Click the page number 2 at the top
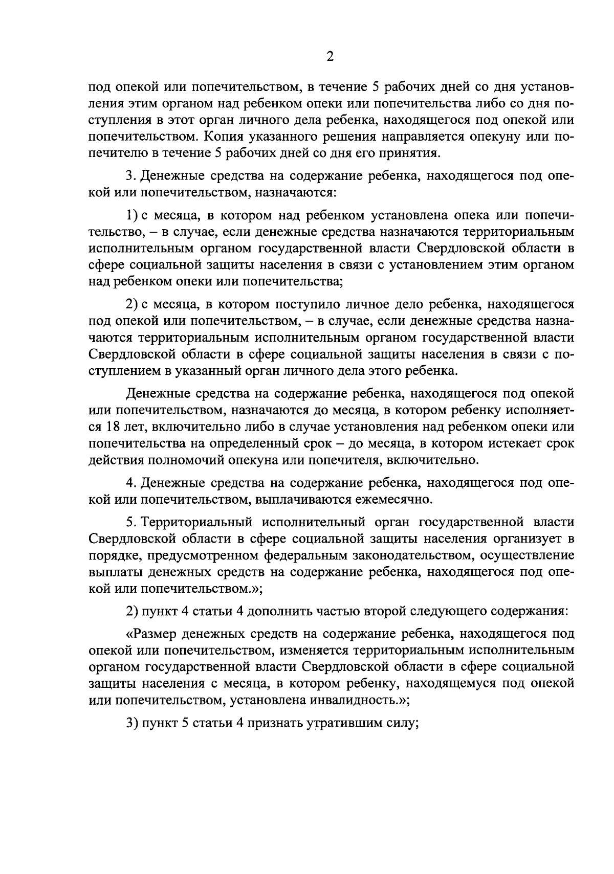point(330,57)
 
